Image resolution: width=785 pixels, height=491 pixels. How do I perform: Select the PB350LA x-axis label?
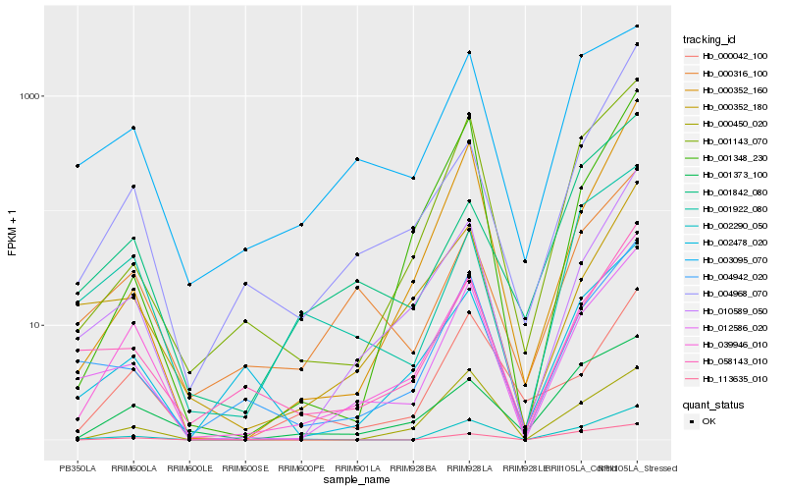pyautogui.click(x=78, y=469)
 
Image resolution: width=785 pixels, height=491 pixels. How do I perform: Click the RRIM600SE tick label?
pyautogui.click(x=245, y=469)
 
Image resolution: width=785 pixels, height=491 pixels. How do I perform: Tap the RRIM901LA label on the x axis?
pyautogui.click(x=357, y=469)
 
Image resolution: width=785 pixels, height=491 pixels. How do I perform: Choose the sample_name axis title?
pyautogui.click(x=357, y=481)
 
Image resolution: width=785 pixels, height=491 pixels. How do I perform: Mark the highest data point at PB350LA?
pyautogui.click(x=78, y=166)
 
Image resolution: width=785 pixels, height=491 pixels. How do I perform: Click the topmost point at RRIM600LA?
pyautogui.click(x=133, y=128)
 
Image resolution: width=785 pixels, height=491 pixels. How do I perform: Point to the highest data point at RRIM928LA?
pyautogui.click(x=469, y=52)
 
